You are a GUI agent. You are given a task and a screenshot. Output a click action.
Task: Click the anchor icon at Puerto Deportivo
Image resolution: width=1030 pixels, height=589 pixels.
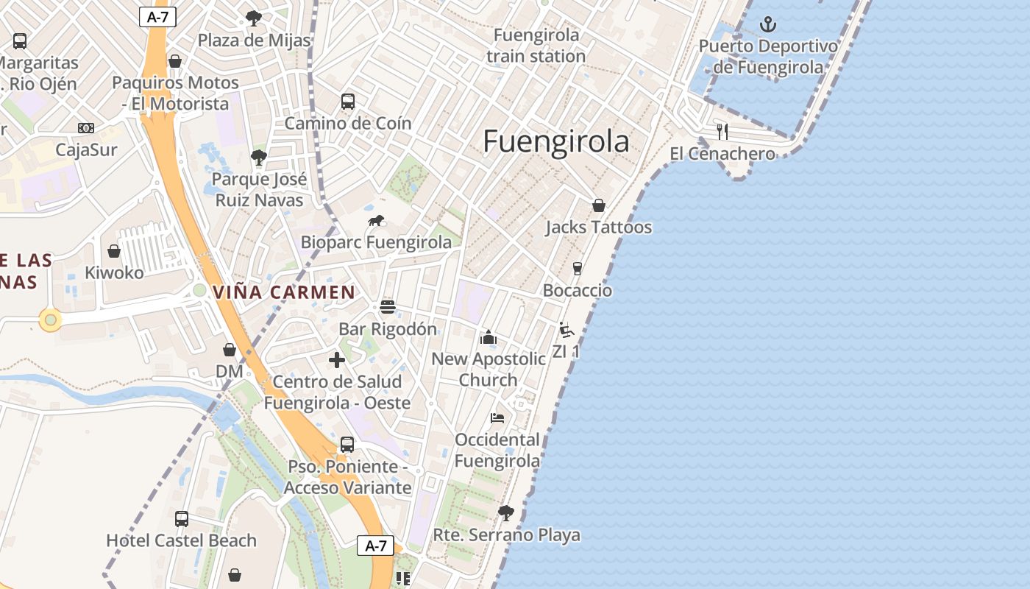pos(767,24)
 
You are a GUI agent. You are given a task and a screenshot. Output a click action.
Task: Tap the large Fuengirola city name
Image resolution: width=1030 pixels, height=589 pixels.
pos(556,141)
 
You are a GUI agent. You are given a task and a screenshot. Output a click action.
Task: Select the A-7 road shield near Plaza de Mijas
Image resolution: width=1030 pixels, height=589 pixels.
pos(157,17)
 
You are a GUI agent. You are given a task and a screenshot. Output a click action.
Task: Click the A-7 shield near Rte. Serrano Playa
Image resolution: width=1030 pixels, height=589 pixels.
pos(375,546)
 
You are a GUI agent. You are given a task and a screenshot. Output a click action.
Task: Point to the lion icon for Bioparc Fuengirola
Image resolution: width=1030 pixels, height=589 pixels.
pos(376,221)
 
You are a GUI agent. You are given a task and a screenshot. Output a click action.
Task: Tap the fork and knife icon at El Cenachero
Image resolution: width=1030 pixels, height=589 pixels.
pos(722,132)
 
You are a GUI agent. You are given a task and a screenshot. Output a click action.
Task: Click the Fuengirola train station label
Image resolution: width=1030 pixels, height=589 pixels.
pos(536,45)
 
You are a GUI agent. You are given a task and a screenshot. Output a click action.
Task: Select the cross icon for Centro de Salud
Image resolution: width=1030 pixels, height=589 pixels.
pos(337,360)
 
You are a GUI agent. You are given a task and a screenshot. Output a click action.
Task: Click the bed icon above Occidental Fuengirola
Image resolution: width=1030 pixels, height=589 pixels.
pos(497,418)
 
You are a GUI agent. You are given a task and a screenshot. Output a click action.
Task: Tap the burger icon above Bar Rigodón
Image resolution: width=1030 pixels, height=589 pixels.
pos(388,307)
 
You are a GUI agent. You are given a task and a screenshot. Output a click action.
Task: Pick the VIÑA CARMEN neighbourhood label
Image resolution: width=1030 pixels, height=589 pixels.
pos(284,292)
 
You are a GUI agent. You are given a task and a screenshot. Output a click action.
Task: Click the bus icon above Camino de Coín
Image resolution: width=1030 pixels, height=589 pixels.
pos(348,102)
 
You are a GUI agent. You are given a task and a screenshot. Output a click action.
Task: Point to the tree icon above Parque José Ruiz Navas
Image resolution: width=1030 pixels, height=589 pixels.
pos(258,157)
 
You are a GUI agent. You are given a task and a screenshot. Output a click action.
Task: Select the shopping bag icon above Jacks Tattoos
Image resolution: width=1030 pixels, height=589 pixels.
pos(599,205)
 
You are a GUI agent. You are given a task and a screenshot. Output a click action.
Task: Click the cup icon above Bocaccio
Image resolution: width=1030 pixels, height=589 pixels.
pos(578,269)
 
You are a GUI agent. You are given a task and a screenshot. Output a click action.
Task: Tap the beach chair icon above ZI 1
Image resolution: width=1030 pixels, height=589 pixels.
pos(566,330)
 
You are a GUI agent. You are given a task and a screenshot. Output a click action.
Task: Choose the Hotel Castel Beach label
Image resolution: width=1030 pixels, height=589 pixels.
pos(181,540)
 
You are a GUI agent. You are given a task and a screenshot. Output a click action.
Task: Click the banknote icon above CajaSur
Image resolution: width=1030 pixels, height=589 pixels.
pos(86,128)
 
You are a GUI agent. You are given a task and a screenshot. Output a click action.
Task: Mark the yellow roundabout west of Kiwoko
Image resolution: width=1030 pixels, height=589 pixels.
pos(50,320)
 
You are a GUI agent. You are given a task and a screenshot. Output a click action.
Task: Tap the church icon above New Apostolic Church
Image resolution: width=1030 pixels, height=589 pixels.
pos(489,338)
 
